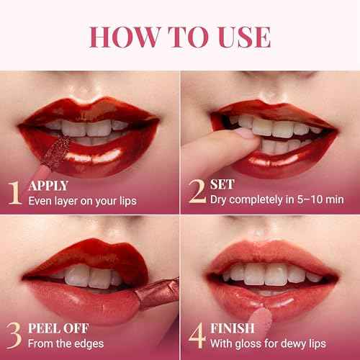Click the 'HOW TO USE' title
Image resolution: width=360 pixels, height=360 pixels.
click(x=180, y=36)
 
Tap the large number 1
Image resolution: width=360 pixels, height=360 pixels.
click(x=14, y=192)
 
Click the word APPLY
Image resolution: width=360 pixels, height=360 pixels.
click(x=48, y=185)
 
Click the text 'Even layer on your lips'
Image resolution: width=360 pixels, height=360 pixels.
click(x=82, y=200)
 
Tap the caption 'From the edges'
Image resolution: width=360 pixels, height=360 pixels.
click(x=63, y=344)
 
